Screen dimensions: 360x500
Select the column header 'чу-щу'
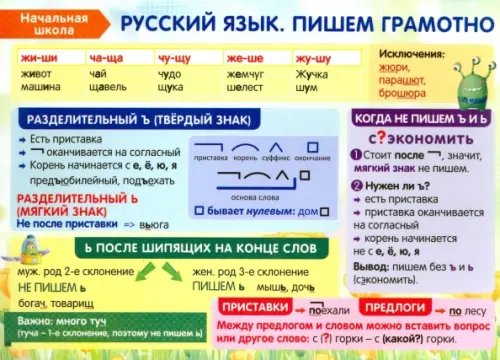point(172,59)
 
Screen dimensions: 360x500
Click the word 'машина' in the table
point(40,88)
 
